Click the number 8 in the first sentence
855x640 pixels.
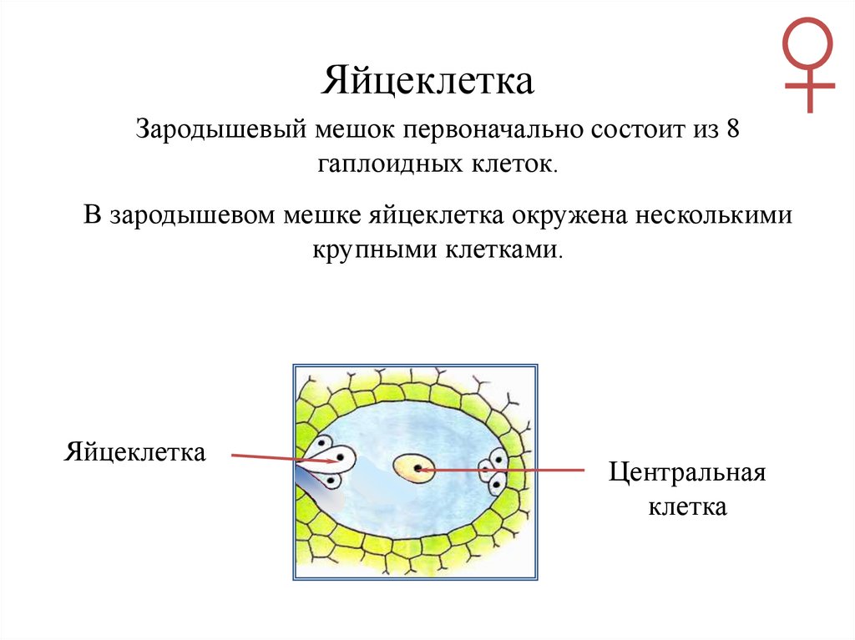pos(733,131)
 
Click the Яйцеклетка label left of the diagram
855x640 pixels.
pos(134,453)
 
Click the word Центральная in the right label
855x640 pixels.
pos(686,473)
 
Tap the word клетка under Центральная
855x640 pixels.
pos(688,506)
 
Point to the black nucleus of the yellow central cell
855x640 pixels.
pos(417,470)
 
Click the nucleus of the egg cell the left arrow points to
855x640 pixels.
pos(338,458)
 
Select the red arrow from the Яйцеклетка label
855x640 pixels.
pos(267,456)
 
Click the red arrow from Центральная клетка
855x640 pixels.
pos(501,471)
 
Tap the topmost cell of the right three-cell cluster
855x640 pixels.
pos(498,458)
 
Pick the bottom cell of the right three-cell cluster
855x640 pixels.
pos(496,484)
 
